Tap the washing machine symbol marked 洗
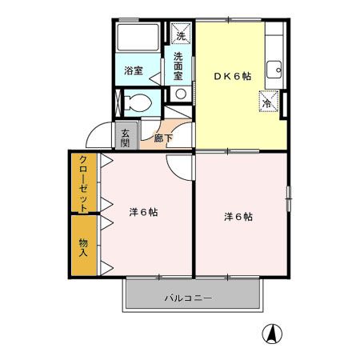pos(180,34)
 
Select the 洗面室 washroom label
pos(179,67)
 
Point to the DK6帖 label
pos(232,76)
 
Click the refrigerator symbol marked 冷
pos(268,102)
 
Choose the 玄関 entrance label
pos(126,138)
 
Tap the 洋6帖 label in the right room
pos(238,216)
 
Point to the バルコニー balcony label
pos(189,298)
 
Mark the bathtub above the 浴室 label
pos(137,40)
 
